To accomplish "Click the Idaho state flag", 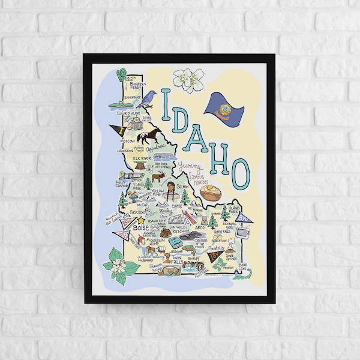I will click(x=224, y=105).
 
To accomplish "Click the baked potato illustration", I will click(x=211, y=193).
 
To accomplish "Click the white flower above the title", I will click(x=188, y=80).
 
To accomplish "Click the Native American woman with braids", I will click(x=171, y=193).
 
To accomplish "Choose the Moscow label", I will click(x=128, y=141).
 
